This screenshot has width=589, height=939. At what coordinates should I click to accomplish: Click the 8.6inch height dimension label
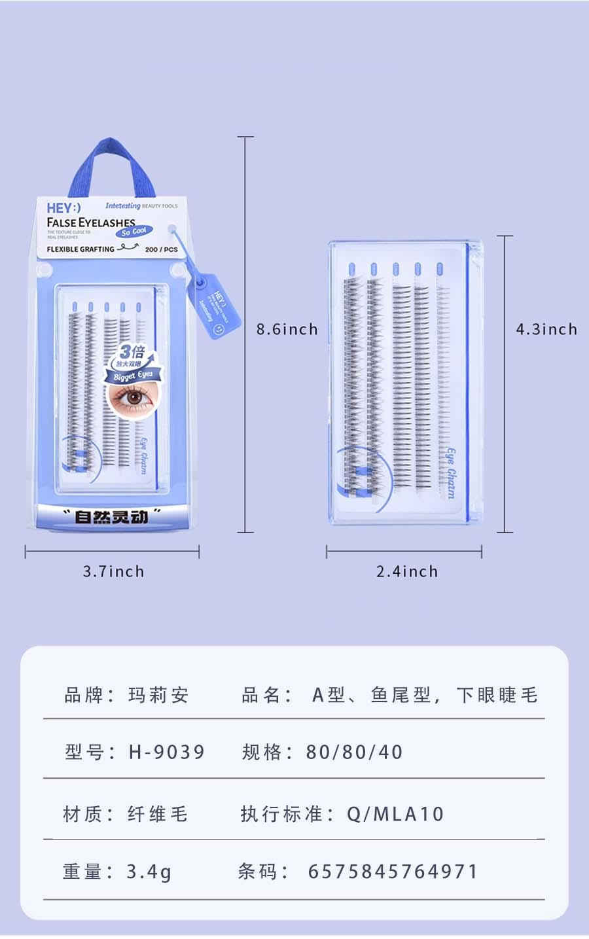(x=287, y=329)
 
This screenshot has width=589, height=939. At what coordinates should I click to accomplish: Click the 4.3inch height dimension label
(x=546, y=329)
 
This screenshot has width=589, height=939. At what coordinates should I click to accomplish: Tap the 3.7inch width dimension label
(x=113, y=571)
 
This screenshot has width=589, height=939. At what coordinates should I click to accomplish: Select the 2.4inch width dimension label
(x=406, y=571)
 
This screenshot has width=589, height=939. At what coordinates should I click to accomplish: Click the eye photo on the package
(x=134, y=399)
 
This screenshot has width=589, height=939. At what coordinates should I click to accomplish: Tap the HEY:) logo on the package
(x=63, y=208)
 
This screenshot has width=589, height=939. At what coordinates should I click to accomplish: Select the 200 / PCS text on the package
(x=161, y=249)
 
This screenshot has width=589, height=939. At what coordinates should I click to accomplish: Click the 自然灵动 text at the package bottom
(x=111, y=517)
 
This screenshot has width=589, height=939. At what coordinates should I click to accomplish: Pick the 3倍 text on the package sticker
(x=132, y=351)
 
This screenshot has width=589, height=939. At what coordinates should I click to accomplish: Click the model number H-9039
(x=167, y=752)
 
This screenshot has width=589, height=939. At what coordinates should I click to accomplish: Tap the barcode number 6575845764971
(x=393, y=872)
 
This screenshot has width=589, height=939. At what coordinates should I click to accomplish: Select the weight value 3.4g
(x=149, y=872)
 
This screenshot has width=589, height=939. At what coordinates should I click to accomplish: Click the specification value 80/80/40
(x=354, y=752)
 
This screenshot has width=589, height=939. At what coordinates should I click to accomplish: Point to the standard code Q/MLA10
(x=395, y=814)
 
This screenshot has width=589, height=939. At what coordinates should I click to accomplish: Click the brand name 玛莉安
(x=158, y=695)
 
